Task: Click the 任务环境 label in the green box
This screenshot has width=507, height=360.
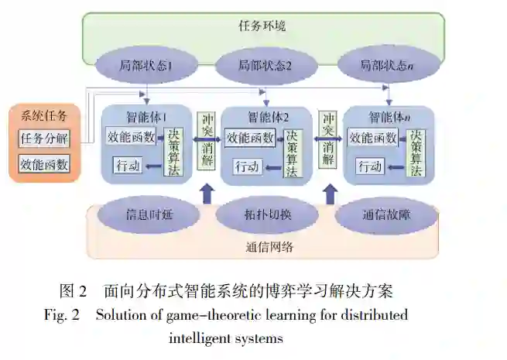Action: point(262,26)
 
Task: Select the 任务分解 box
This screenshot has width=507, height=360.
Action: point(44,140)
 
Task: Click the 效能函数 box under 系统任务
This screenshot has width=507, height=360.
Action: point(44,164)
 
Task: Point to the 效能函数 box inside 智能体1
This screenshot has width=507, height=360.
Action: point(133,137)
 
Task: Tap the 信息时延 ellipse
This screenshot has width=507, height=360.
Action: point(145,215)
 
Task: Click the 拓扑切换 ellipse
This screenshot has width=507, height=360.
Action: point(265,215)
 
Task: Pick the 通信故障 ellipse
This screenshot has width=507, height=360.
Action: point(384,215)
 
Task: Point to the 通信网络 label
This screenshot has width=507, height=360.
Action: point(263,247)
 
